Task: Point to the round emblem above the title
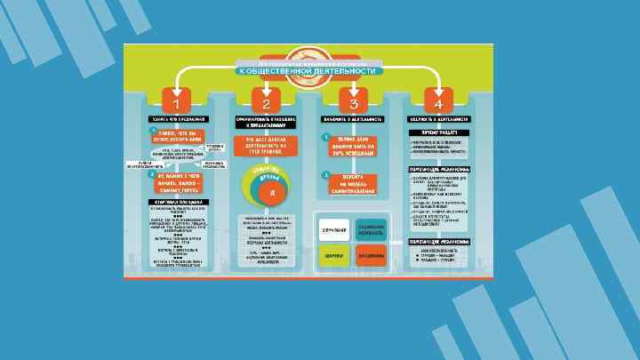coord(309,53)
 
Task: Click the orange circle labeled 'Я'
coord(272,192)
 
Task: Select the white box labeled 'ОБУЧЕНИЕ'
coord(334,230)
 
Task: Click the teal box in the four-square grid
coord(372,229)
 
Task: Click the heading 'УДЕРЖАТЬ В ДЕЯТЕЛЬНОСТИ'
coord(435,118)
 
